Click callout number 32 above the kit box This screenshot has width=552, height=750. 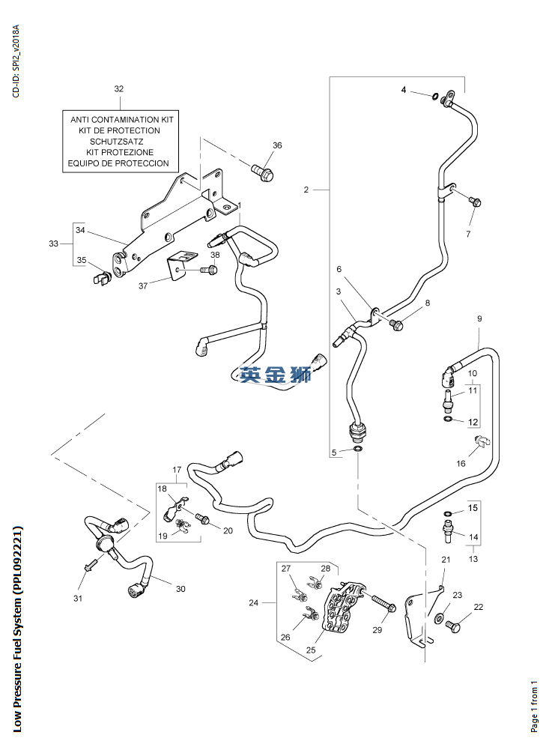tap(118, 88)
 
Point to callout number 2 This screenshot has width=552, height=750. tap(306, 190)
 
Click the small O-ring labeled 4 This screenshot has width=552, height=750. tap(434, 95)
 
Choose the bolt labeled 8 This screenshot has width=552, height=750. tap(397, 324)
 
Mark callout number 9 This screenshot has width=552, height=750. tap(479, 320)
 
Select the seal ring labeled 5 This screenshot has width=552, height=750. tap(358, 448)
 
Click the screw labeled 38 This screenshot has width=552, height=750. tap(207, 270)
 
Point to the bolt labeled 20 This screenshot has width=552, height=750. tap(202, 518)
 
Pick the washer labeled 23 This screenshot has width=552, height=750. tap(438, 618)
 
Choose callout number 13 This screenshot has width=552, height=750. tap(472, 558)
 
